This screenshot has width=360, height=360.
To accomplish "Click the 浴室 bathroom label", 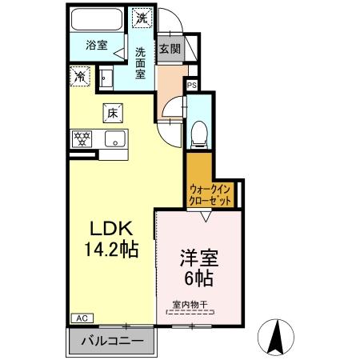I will (x=96, y=46).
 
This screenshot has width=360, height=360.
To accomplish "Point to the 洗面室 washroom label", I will (x=140, y=62).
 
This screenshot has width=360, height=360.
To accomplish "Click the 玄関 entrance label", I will (x=170, y=48).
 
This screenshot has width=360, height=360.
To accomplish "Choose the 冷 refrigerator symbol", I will (x=81, y=77).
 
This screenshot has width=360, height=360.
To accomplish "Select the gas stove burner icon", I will (x=82, y=138).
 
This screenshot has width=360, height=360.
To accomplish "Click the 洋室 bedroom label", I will (x=199, y=258).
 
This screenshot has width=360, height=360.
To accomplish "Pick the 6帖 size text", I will (x=199, y=281).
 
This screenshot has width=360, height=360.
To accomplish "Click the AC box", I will (x=81, y=318).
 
